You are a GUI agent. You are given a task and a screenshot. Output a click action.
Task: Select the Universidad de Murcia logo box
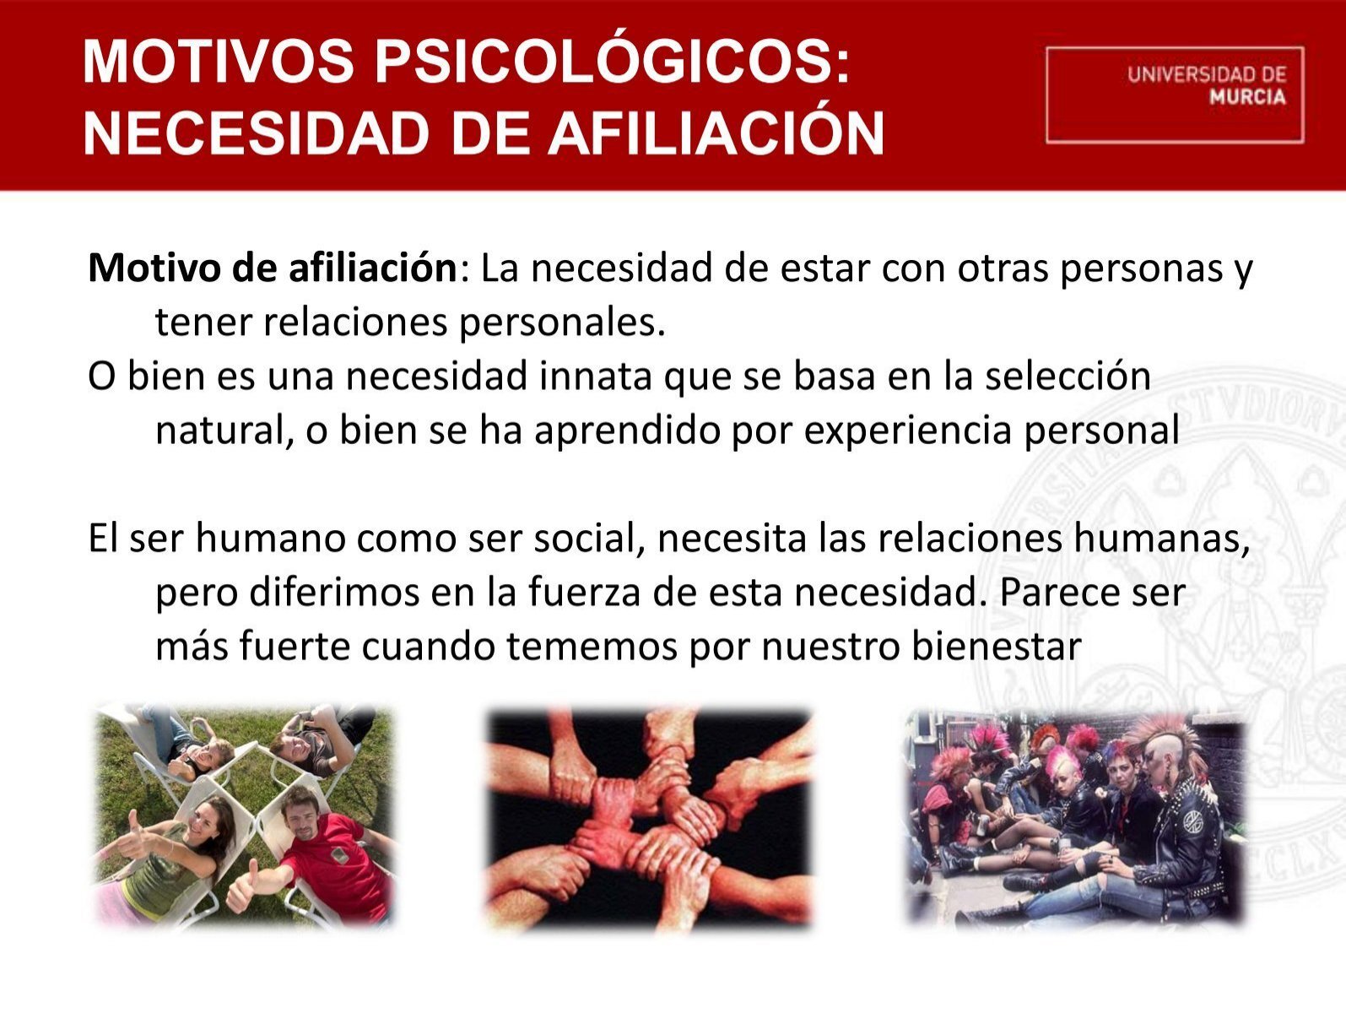tap(1175, 95)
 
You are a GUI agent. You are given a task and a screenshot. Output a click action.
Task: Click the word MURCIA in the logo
tap(1247, 97)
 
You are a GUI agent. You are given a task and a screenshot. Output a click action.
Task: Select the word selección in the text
tap(1068, 376)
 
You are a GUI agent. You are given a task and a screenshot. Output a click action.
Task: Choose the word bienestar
tap(996, 647)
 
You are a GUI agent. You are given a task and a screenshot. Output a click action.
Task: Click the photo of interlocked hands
tap(650, 818)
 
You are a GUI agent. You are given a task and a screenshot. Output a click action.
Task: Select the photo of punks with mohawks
tap(1076, 818)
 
